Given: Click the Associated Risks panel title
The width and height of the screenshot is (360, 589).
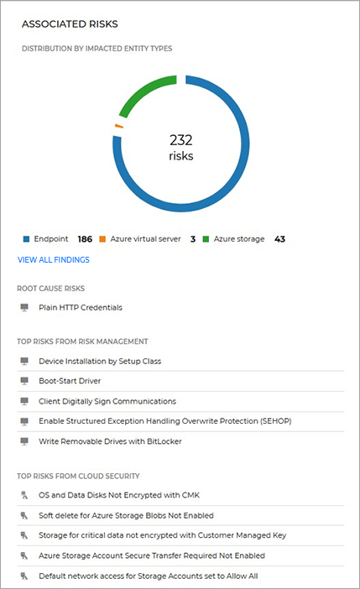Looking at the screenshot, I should [x=70, y=24].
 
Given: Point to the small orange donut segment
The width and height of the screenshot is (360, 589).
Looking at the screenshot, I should [x=118, y=127].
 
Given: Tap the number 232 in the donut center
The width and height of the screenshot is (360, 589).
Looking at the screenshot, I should [x=180, y=139].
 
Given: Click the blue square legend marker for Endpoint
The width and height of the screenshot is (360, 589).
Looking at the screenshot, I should [x=26, y=239].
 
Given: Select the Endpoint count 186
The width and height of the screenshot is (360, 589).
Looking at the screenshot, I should [x=84, y=239].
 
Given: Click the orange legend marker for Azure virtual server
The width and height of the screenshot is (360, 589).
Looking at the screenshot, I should [x=102, y=239].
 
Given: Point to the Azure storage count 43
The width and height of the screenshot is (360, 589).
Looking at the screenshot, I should [x=279, y=239].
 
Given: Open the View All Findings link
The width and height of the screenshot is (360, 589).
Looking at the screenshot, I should [x=54, y=260].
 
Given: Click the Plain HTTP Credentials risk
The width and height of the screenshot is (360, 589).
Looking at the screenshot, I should [x=81, y=307].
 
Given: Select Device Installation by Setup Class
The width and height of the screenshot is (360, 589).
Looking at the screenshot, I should [x=100, y=361].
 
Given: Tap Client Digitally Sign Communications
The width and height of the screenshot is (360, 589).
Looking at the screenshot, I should [x=107, y=401].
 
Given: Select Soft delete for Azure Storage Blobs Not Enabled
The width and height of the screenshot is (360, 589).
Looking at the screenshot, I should [x=126, y=515].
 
